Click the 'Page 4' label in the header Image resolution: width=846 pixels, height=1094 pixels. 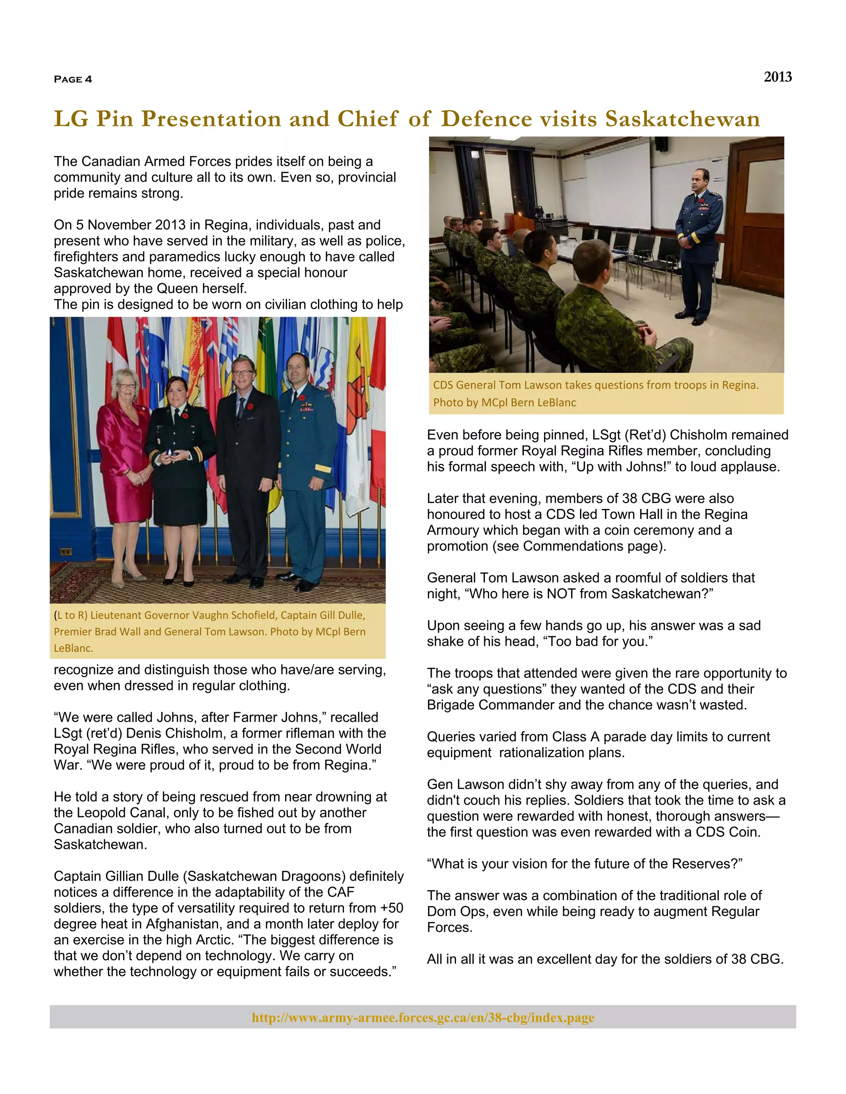[x=73, y=79]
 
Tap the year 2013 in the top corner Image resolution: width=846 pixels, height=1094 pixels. [x=777, y=77]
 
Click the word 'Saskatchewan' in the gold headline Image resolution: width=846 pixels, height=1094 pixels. [x=682, y=119]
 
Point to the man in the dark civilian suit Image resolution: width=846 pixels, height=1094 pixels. [x=247, y=461]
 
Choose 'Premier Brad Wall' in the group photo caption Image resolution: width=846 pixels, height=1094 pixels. [x=98, y=632]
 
